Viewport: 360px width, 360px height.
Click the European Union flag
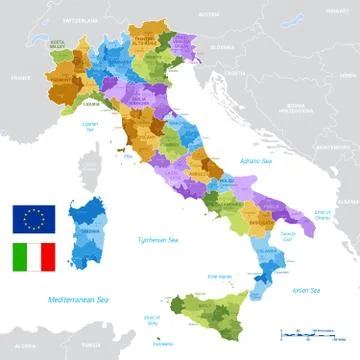pos(33,218)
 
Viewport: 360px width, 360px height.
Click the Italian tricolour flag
pos(33,258)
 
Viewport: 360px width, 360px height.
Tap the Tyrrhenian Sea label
pos(157,240)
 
